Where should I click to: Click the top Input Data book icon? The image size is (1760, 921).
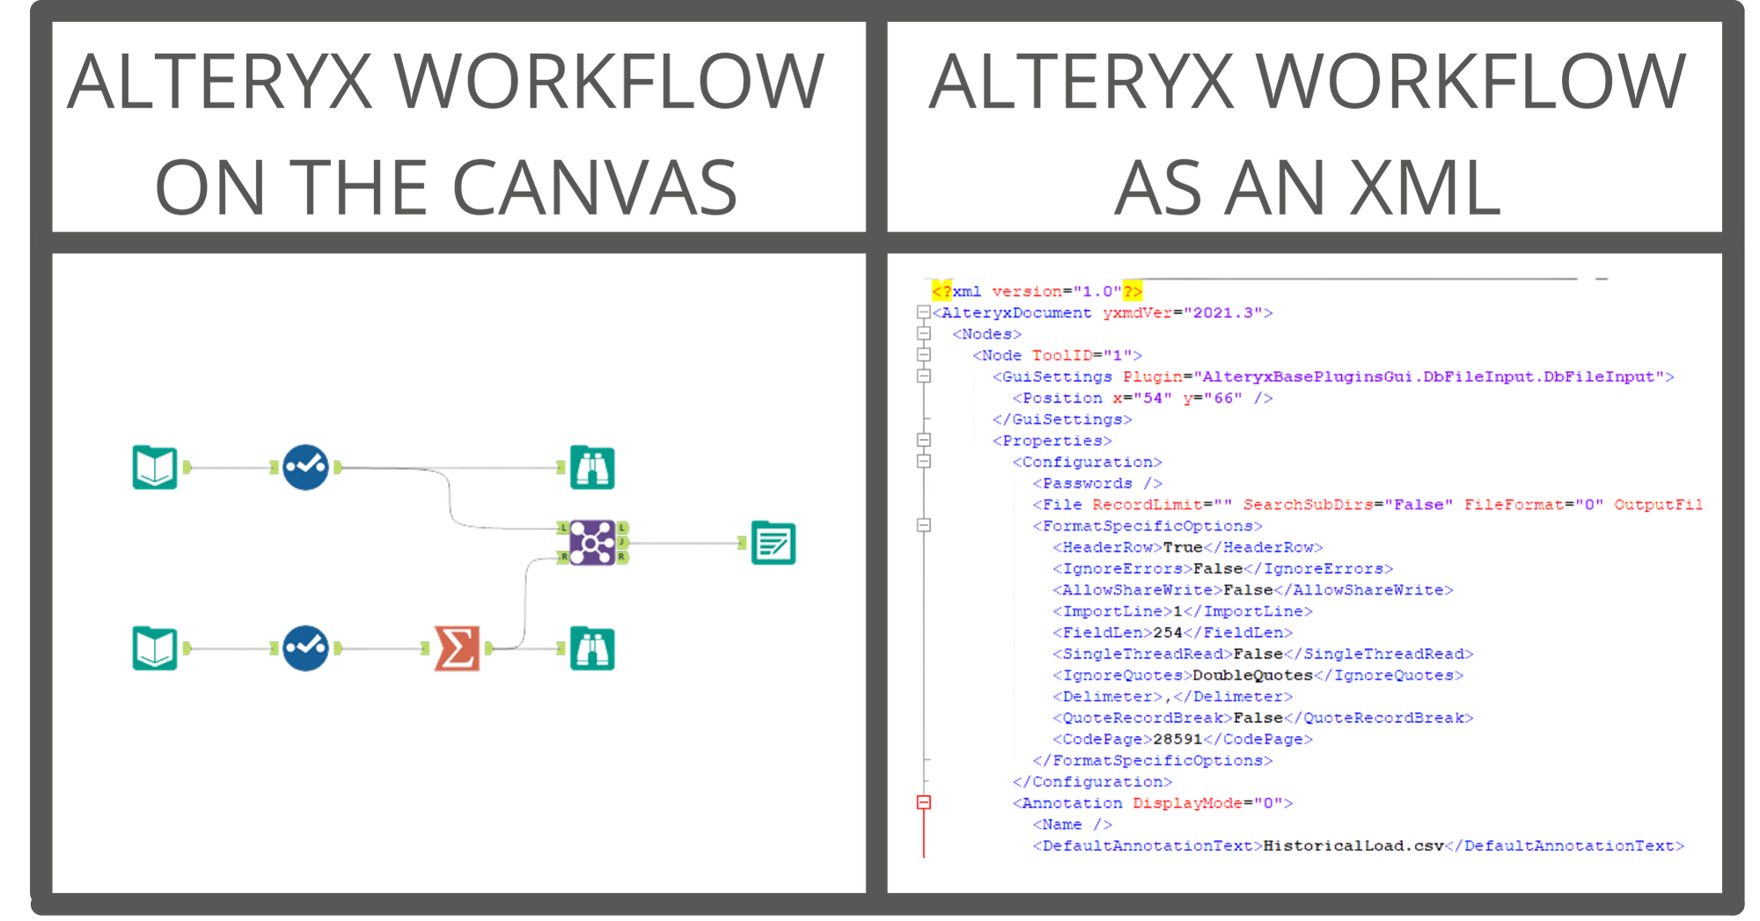click(x=155, y=467)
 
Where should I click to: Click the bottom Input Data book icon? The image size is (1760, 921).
click(x=155, y=649)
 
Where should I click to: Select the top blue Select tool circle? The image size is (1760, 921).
click(x=305, y=467)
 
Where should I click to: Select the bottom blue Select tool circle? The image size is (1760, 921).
click(x=305, y=649)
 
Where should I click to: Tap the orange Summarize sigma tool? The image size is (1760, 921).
click(x=456, y=649)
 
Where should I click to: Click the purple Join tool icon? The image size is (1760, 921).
click(x=591, y=542)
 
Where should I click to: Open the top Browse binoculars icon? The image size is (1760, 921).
click(x=592, y=467)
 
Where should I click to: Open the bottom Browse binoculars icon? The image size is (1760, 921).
click(x=592, y=649)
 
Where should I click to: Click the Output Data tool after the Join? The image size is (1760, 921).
click(x=773, y=543)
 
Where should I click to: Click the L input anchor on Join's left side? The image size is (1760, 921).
click(x=563, y=528)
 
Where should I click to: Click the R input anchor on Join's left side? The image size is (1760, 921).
click(x=563, y=557)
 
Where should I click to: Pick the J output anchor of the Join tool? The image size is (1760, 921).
click(x=621, y=543)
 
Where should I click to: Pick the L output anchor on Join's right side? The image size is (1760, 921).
click(x=621, y=528)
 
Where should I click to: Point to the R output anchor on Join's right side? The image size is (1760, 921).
click(x=621, y=557)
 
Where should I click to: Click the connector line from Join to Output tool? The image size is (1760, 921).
click(x=686, y=544)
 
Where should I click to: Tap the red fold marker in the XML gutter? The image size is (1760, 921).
click(x=924, y=801)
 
